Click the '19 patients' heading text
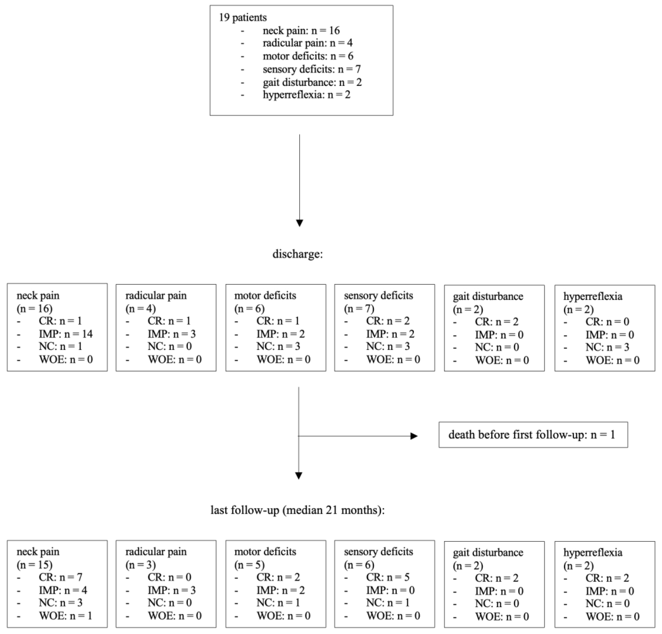(243, 17)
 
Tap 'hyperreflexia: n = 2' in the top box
(306, 94)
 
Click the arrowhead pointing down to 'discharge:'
(299, 223)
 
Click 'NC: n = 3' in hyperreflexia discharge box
(607, 347)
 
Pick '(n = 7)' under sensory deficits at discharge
(359, 308)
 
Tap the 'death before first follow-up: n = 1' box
(533, 435)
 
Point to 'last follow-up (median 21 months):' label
(297, 510)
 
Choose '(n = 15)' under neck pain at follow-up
(34, 564)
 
